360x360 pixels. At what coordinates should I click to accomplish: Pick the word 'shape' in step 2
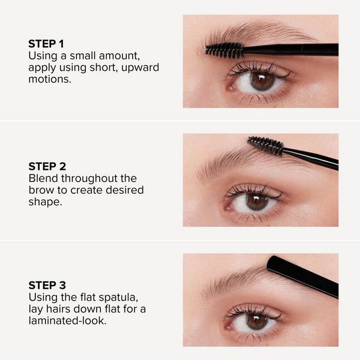[44, 202]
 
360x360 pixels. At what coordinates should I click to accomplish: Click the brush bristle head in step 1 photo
[223, 50]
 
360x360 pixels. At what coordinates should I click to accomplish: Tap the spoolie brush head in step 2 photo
[265, 145]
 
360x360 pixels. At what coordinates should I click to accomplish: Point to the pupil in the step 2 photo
[257, 202]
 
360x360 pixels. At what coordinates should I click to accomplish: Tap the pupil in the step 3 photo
[257, 321]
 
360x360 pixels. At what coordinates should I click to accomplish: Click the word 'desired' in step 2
[124, 190]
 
